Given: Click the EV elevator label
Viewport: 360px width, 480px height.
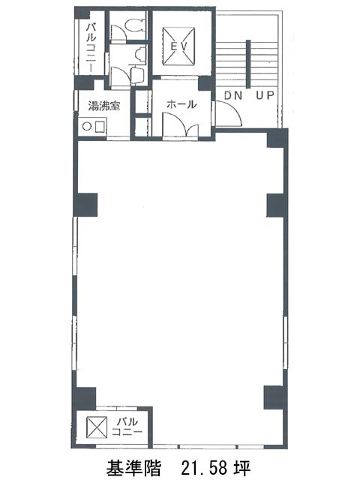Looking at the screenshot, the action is point(178,46).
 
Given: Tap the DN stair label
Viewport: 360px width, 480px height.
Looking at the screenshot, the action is point(233,95).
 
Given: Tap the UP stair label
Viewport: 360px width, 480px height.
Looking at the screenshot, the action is point(265,95).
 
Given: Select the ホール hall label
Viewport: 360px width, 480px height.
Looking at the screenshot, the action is point(181,104).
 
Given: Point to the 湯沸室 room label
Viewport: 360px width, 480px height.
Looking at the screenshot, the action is point(103,106).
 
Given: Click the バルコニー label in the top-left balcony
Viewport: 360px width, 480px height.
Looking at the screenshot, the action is point(91,48).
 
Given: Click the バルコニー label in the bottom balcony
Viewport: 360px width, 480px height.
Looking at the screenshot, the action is point(127,427).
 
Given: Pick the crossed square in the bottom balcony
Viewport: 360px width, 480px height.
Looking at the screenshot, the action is point(97,427).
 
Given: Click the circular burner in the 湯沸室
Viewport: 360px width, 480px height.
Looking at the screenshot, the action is point(87,126).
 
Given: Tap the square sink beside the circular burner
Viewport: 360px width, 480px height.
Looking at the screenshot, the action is point(100,126).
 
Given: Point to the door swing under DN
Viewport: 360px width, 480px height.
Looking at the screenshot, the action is point(228,112).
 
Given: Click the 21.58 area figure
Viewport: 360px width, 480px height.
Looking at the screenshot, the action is point(205,467).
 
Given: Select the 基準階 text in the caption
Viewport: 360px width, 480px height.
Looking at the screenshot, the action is point(133,467).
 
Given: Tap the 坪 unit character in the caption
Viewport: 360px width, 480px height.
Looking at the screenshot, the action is point(244,467).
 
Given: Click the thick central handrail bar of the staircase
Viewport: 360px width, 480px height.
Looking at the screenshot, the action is point(248,64).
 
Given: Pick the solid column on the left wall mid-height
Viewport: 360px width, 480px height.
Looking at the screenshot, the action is point(85,205).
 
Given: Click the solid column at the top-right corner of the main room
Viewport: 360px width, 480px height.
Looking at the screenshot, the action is point(277,138).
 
